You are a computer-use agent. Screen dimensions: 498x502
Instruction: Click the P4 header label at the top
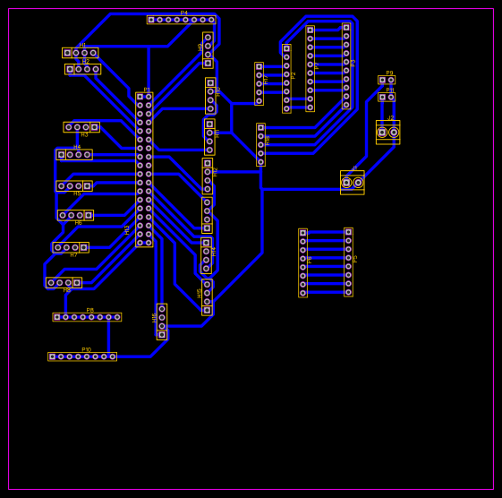(x=184, y=13)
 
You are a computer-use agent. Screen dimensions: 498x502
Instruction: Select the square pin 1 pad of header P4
(x=151, y=20)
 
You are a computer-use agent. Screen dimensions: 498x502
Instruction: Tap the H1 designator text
(x=82, y=45)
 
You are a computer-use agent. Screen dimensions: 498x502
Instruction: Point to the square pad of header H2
(x=70, y=69)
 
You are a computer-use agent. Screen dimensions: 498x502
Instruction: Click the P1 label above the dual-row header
(x=147, y=90)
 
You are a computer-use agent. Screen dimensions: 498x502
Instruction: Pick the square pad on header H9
(x=208, y=63)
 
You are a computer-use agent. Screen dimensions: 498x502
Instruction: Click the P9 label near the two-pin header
(x=389, y=73)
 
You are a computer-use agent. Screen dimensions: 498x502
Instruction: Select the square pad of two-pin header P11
(x=382, y=98)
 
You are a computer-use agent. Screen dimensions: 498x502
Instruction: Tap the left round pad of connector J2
(x=382, y=133)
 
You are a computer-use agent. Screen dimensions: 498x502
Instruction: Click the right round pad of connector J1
(x=358, y=183)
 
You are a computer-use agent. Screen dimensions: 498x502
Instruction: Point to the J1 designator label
(x=354, y=168)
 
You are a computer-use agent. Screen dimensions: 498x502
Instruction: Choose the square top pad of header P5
(x=348, y=232)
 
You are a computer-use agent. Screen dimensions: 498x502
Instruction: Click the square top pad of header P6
(x=302, y=233)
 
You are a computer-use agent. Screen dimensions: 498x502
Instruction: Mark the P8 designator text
(x=89, y=310)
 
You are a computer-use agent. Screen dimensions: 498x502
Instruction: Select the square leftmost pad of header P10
(x=53, y=356)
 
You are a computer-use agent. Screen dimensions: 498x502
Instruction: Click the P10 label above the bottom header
(x=86, y=349)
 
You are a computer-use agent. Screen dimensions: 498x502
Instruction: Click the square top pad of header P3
(x=346, y=28)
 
